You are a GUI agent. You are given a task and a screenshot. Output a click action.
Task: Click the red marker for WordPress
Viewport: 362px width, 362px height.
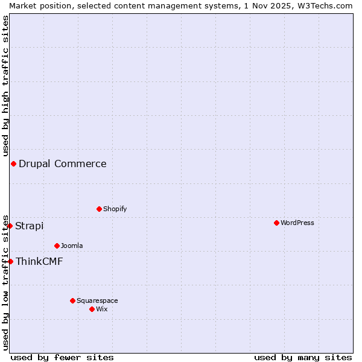[276, 223]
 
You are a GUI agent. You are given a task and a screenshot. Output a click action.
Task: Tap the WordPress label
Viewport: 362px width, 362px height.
[297, 223]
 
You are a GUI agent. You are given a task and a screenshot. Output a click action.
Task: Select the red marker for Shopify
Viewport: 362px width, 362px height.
[99, 209]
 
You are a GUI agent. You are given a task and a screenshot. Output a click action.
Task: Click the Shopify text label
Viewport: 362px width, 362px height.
[115, 209]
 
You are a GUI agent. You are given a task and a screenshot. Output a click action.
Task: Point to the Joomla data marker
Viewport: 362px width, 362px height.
[57, 246]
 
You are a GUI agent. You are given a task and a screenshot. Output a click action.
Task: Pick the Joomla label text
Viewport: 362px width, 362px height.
[72, 246]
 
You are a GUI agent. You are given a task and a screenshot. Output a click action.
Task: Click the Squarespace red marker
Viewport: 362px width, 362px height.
[72, 300]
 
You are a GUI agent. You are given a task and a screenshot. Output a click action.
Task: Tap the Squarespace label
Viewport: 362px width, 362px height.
[97, 300]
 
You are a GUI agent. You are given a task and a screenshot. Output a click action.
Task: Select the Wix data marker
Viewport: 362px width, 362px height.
[92, 309]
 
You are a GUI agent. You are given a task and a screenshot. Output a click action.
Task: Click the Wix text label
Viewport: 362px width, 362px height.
[102, 309]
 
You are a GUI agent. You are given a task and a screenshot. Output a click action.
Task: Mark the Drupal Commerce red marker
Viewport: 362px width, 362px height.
[13, 164]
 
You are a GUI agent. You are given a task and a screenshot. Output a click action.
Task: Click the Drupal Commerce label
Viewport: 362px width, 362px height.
[63, 164]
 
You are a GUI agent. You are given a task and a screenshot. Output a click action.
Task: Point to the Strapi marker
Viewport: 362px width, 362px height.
[10, 226]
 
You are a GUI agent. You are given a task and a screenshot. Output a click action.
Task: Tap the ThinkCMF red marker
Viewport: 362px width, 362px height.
[10, 261]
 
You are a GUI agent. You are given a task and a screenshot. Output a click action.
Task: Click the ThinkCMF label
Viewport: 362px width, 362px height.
[39, 261]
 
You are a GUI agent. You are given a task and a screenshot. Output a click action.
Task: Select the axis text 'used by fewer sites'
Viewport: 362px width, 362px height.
[62, 357]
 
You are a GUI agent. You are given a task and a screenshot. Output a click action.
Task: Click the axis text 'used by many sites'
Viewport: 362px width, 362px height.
[303, 357]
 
